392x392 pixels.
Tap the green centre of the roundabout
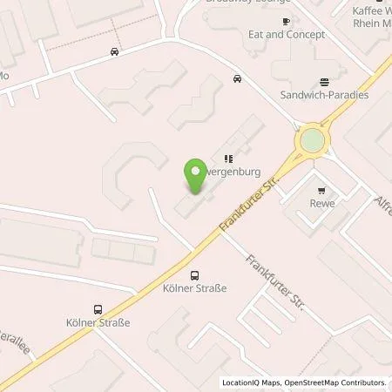point(310,140)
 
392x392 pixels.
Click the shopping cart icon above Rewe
point(322,191)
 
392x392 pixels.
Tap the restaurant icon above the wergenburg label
point(228,159)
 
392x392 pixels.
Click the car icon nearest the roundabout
point(237,79)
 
